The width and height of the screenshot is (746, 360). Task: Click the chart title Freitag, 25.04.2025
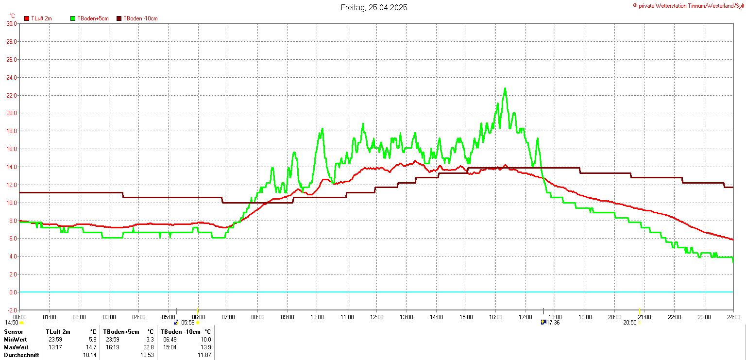(374, 7)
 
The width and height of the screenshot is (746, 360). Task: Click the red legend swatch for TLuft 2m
(27, 18)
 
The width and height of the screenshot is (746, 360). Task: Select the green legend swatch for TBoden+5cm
(73, 18)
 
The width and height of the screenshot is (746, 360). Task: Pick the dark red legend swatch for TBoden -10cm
(119, 18)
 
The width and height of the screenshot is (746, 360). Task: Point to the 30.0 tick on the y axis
(12, 23)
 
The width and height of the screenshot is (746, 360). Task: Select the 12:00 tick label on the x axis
(377, 317)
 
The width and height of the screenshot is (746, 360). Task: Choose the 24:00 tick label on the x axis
(733, 317)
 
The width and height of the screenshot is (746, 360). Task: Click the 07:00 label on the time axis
(228, 317)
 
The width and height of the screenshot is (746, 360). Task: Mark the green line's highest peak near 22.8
(505, 89)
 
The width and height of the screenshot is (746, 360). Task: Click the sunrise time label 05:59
(188, 323)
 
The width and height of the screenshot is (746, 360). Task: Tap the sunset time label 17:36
(553, 323)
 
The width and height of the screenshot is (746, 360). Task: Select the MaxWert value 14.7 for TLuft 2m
(91, 347)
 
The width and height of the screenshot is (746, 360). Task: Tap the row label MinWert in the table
(16, 340)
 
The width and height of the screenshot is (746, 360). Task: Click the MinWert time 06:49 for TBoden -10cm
(170, 340)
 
